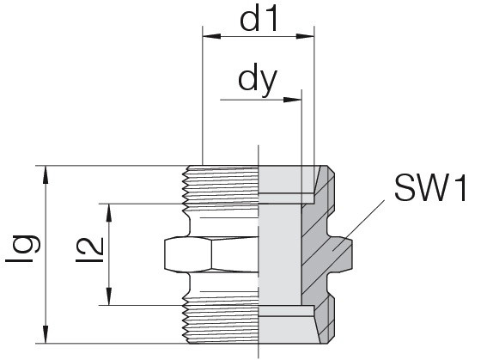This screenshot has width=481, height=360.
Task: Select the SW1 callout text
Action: coord(430,188)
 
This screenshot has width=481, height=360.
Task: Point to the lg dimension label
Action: coord(23,249)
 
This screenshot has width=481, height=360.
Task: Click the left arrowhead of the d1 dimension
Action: coord(211,36)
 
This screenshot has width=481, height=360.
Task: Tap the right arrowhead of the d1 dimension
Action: coord(305,36)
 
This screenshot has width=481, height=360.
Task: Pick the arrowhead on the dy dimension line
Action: coord(293,100)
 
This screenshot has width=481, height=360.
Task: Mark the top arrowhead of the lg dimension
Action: coord(46,174)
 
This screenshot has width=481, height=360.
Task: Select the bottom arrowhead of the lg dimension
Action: coord(46,334)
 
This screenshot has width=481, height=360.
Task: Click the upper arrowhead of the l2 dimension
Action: coord(109,212)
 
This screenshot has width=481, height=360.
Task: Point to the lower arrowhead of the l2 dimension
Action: coord(109,296)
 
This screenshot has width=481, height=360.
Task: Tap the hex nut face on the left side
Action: coord(188,254)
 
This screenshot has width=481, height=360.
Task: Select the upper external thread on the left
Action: coord(221,185)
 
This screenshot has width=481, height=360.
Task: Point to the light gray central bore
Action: coord(280,254)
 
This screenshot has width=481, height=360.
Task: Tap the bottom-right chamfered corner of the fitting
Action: coord(331,339)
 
